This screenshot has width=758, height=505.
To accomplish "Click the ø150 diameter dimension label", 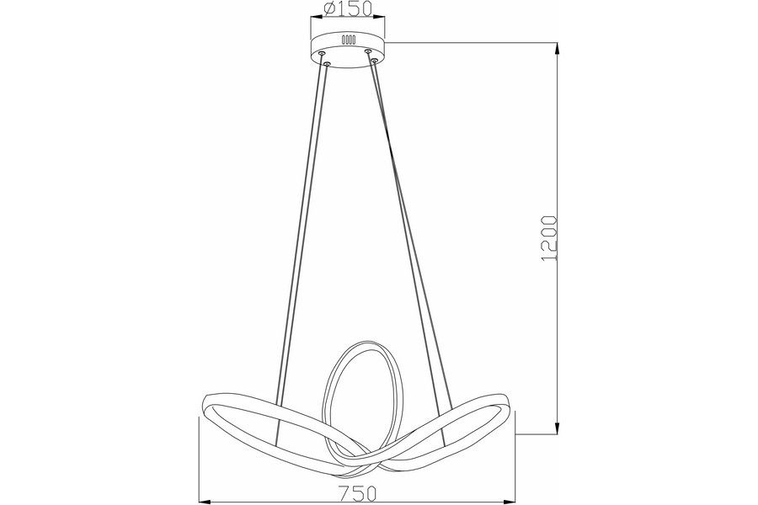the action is pyautogui.click(x=348, y=8).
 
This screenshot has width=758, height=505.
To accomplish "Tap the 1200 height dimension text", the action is pyautogui.click(x=550, y=239).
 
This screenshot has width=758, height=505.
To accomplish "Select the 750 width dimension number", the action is pyautogui.click(x=357, y=494).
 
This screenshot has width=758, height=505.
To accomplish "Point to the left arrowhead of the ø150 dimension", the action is pyautogui.click(x=316, y=18).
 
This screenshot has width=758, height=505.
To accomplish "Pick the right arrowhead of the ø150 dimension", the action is pyautogui.click(x=380, y=18).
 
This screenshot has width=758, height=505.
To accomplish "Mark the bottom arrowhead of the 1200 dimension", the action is pyautogui.click(x=558, y=428).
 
